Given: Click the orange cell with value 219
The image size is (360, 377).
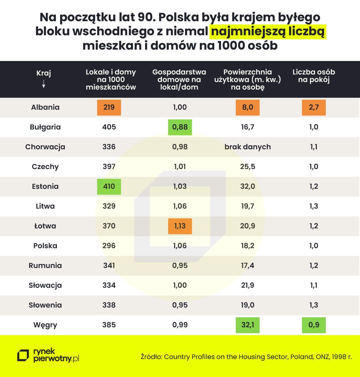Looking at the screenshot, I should click(109, 107).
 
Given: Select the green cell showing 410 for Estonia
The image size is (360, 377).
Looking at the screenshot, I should click(109, 186).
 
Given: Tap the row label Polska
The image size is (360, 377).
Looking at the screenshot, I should click(45, 246).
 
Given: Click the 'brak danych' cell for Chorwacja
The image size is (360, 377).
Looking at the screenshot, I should click(247, 147).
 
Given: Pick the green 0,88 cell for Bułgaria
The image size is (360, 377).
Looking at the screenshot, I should click(180, 127).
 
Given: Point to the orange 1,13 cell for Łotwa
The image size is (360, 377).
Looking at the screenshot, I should click(180, 226).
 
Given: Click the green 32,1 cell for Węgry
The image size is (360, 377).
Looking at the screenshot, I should click(247, 325).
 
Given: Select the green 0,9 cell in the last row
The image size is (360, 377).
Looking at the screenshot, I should click(314, 325).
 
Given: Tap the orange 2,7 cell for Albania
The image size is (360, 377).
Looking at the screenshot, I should click(314, 107).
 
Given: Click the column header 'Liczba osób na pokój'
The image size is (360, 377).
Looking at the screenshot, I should click(314, 76).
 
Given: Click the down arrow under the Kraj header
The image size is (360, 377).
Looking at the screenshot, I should click(44, 83).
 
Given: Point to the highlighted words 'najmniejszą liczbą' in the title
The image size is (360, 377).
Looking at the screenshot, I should click(267, 32).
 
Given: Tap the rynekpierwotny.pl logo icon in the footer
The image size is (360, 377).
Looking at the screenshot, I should click(23, 355).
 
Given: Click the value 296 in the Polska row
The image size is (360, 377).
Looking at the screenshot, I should click(109, 246).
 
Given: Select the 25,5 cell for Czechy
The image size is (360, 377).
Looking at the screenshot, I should click(247, 167).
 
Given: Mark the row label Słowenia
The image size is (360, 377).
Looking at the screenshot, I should click(45, 305).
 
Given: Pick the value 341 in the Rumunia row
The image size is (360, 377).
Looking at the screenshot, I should click(109, 265).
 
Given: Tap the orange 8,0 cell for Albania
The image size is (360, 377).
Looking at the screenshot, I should click(247, 107).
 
